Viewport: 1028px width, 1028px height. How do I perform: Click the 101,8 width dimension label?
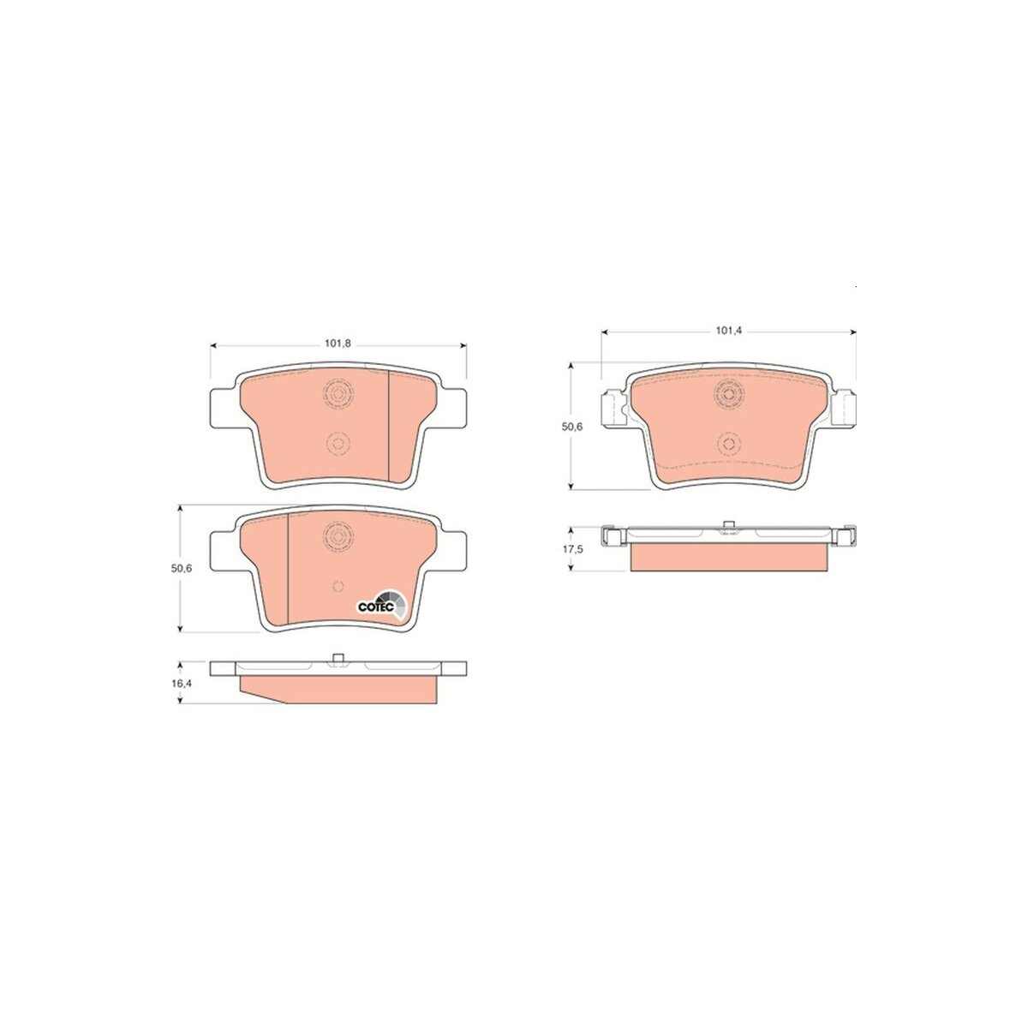(x=338, y=344)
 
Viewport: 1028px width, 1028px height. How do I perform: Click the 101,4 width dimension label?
(x=729, y=331)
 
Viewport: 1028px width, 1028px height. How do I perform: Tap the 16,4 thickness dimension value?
(x=182, y=683)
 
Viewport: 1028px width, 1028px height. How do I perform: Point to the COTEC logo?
(x=382, y=607)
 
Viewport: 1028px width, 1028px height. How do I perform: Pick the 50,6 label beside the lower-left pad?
(x=181, y=568)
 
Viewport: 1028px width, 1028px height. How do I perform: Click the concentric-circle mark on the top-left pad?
(x=338, y=394)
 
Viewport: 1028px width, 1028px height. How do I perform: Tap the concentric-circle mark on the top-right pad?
(x=729, y=394)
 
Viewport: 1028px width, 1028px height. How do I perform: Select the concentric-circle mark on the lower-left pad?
(x=338, y=536)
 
